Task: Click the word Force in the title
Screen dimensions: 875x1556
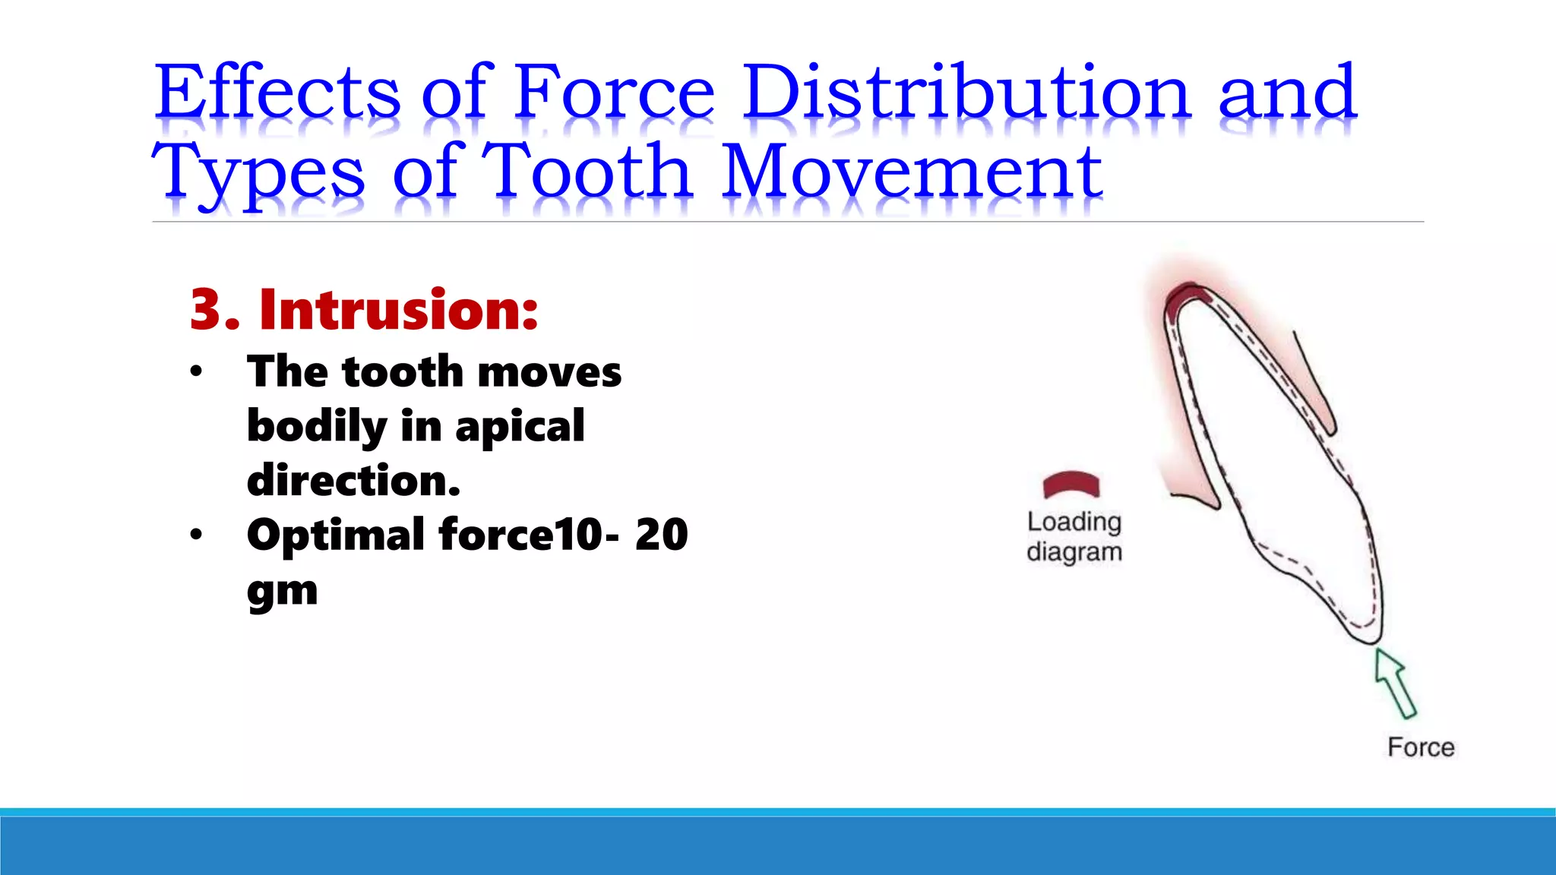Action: pyautogui.click(x=614, y=93)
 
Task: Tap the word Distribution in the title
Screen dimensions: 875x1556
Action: pyautogui.click(x=966, y=93)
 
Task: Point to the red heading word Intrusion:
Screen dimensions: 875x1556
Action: pyautogui.click(x=398, y=310)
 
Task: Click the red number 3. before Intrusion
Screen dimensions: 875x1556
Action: pyautogui.click(x=214, y=310)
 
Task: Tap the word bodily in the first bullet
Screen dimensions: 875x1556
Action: pyautogui.click(x=316, y=427)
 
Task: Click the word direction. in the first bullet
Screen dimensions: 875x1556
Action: pyautogui.click(x=353, y=481)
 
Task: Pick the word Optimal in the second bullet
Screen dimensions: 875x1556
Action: pyautogui.click(x=335, y=535)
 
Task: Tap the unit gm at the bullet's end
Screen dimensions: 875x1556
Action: pyautogui.click(x=282, y=591)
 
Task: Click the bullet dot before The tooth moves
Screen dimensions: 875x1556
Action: pyautogui.click(x=197, y=371)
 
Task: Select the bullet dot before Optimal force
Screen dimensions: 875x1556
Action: pyautogui.click(x=197, y=535)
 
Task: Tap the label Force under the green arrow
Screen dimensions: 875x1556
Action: pyautogui.click(x=1421, y=747)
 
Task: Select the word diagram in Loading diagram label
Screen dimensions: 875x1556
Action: pyautogui.click(x=1074, y=552)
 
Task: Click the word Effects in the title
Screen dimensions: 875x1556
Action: pyautogui.click(x=277, y=93)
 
